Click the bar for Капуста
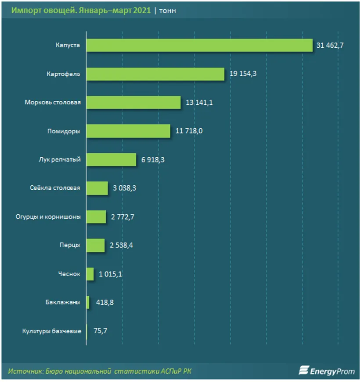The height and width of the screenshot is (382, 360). pyautogui.click(x=199, y=45)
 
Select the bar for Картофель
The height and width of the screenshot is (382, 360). pyautogui.click(x=155, y=74)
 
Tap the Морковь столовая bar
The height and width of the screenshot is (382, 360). pyautogui.click(x=133, y=103)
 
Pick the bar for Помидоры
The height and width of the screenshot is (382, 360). pyautogui.click(x=128, y=131)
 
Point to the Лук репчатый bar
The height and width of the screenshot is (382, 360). pyautogui.click(x=111, y=159)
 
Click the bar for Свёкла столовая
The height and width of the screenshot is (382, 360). pyautogui.click(x=97, y=188)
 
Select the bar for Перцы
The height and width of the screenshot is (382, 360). pyautogui.click(x=95, y=245)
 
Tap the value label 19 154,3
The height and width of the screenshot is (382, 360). pyautogui.click(x=243, y=74)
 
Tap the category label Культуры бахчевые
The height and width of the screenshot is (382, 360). pyautogui.click(x=51, y=331)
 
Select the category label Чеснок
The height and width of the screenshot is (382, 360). pyautogui.click(x=69, y=274)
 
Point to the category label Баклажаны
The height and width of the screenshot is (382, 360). pyautogui.click(x=62, y=303)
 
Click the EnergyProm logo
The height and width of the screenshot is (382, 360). pyautogui.click(x=326, y=371)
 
